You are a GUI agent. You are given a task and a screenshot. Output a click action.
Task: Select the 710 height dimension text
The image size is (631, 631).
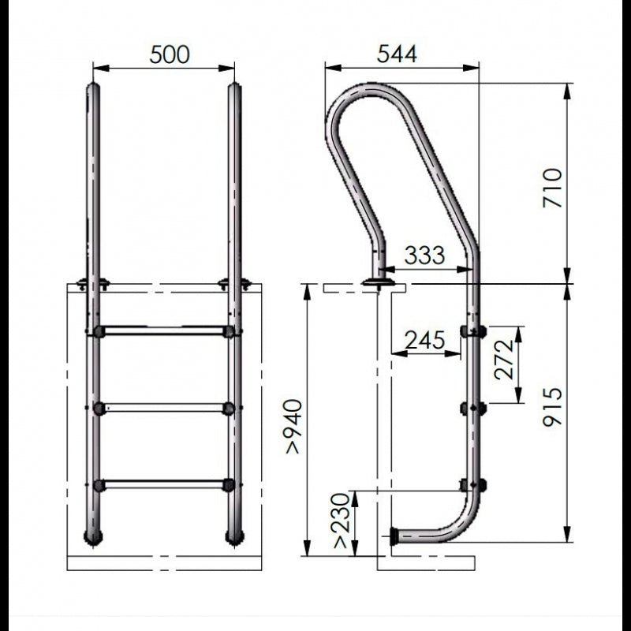coord(554,187)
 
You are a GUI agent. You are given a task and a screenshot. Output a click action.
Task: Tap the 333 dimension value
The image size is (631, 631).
coord(424,255)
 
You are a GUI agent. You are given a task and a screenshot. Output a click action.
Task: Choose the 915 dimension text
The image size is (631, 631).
coord(554,406)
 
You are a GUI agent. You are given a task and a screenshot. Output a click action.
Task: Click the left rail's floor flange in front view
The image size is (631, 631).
coord(93,284)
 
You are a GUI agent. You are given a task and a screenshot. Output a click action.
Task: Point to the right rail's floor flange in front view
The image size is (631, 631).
coord(234,284)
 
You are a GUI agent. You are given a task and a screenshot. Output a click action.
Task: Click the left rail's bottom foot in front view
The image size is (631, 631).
coord(93,537)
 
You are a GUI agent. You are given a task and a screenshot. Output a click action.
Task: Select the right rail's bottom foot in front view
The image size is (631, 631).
coord(234,537)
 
